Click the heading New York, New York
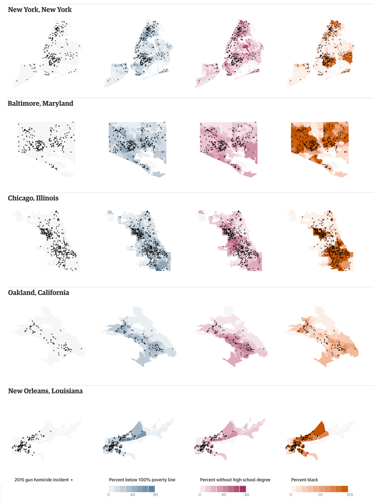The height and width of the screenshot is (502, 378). click(x=40, y=9)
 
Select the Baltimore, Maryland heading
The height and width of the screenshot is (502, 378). click(x=40, y=103)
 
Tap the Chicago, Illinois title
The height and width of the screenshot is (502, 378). click(x=33, y=198)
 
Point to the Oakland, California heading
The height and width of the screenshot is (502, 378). click(x=39, y=293)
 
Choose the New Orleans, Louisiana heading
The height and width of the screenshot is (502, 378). click(x=45, y=391)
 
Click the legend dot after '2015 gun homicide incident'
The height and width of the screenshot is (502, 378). click(x=72, y=480)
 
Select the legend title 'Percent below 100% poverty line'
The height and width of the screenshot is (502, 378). click(x=142, y=480)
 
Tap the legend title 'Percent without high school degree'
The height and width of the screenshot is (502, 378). click(x=235, y=480)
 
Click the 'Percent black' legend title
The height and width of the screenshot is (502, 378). click(x=304, y=480)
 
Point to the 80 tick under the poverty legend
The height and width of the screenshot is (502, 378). click(x=155, y=495)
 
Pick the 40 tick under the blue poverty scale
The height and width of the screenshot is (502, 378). click(x=132, y=495)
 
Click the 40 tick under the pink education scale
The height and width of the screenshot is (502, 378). click(x=224, y=495)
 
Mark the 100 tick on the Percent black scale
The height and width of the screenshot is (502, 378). click(x=350, y=495)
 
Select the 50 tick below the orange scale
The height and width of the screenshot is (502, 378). click(x=320, y=495)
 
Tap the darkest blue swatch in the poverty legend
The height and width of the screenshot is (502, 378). click(x=152, y=489)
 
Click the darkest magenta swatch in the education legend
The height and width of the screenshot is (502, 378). click(x=243, y=489)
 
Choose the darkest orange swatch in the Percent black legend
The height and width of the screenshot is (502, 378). click(x=345, y=489)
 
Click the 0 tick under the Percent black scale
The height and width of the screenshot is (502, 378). click(x=291, y=495)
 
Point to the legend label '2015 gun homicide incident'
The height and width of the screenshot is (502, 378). click(x=42, y=480)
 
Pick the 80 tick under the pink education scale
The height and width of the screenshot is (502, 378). click(x=246, y=495)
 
